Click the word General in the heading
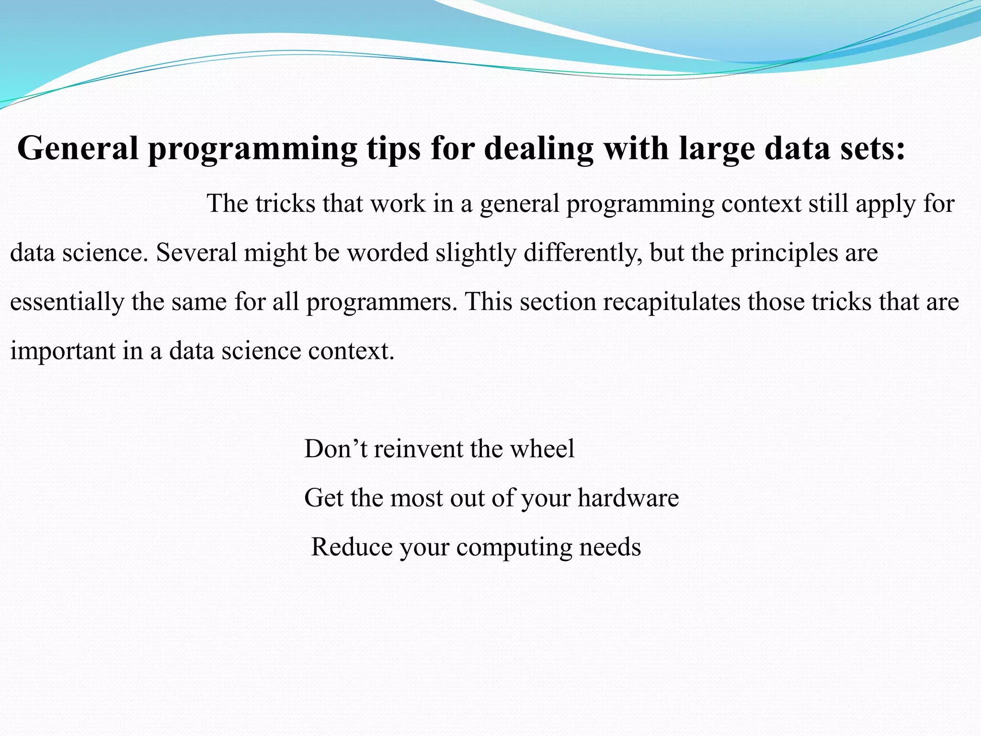coord(78,148)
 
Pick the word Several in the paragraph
coord(196,253)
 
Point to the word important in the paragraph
coord(62,351)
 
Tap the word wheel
coord(542,449)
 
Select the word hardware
coord(628,498)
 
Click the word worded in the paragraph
coord(388,253)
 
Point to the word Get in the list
coord(323,498)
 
